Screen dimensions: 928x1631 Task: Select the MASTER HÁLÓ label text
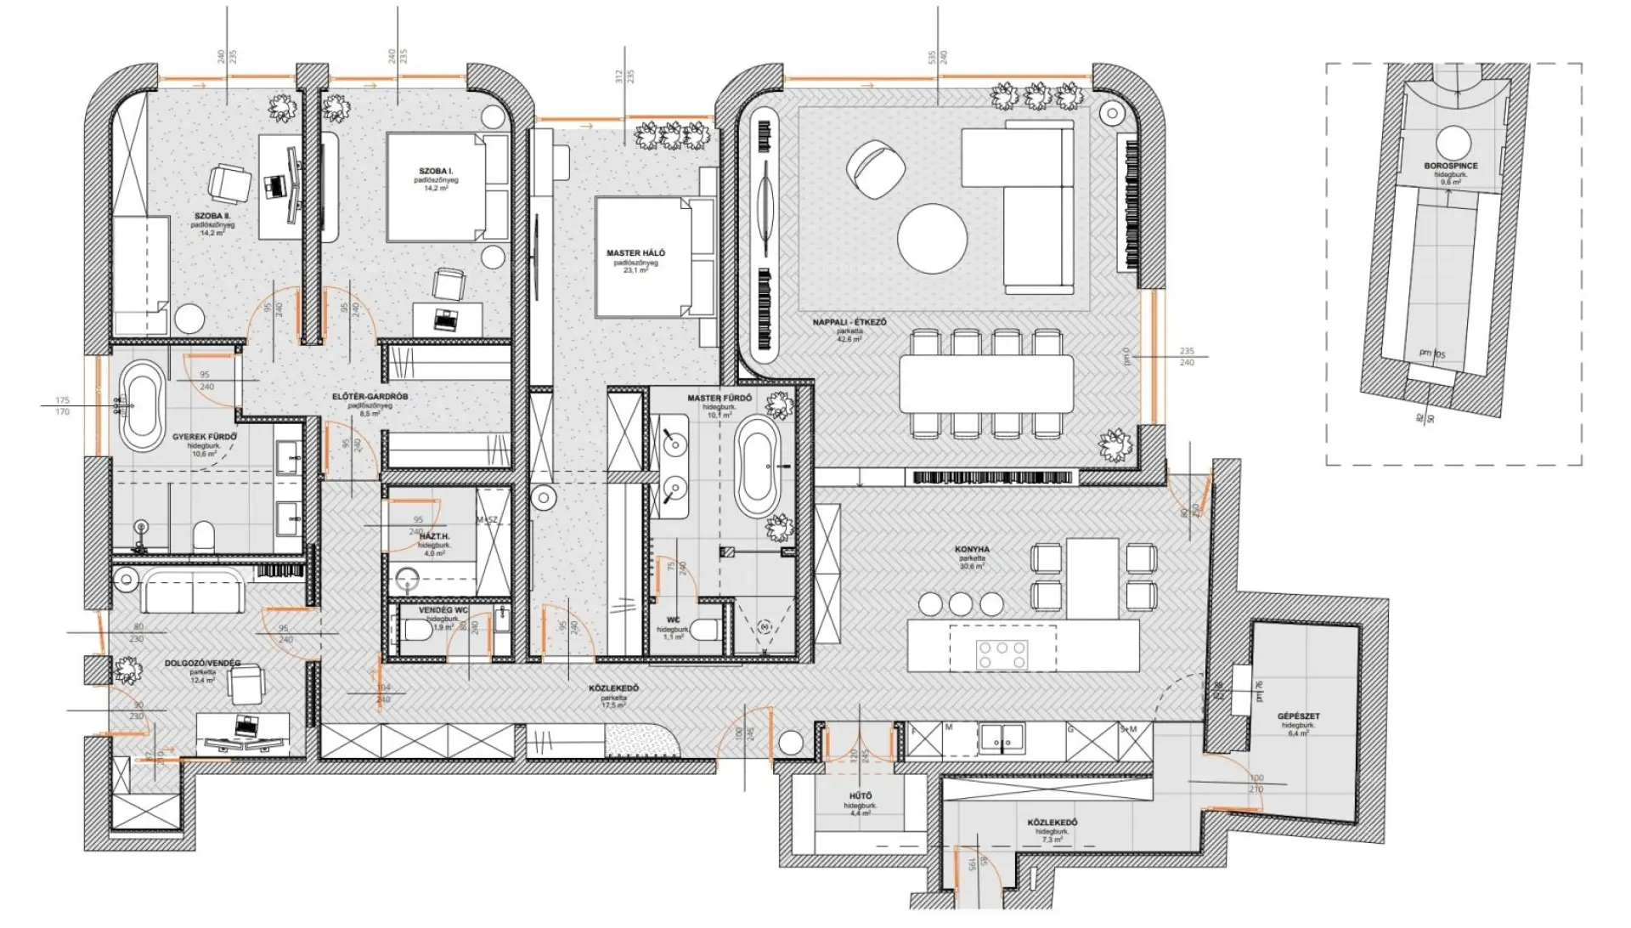click(x=635, y=253)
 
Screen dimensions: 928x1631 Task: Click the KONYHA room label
click(x=972, y=550)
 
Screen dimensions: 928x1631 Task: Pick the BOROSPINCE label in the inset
click(x=1451, y=167)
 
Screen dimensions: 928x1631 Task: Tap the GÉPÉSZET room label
click(x=1298, y=716)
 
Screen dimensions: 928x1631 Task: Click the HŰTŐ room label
click(x=860, y=796)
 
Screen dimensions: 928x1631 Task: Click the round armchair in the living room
click(x=869, y=167)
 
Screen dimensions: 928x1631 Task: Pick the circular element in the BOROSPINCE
click(x=1453, y=143)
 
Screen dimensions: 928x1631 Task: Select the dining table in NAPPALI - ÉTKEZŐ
click(x=986, y=383)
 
